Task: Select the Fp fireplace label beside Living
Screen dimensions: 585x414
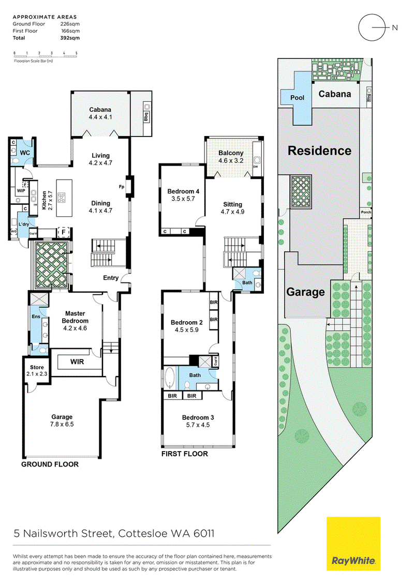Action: pyautogui.click(x=121, y=187)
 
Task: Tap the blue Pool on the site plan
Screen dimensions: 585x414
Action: pyautogui.click(x=298, y=98)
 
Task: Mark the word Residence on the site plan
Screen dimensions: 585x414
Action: pyautogui.click(x=319, y=151)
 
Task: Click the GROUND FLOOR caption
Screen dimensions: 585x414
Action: pyautogui.click(x=50, y=464)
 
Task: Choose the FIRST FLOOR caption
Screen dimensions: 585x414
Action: pyautogui.click(x=184, y=454)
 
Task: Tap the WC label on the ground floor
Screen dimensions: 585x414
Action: pyautogui.click(x=24, y=153)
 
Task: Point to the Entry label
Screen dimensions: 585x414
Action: pyautogui.click(x=111, y=278)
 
